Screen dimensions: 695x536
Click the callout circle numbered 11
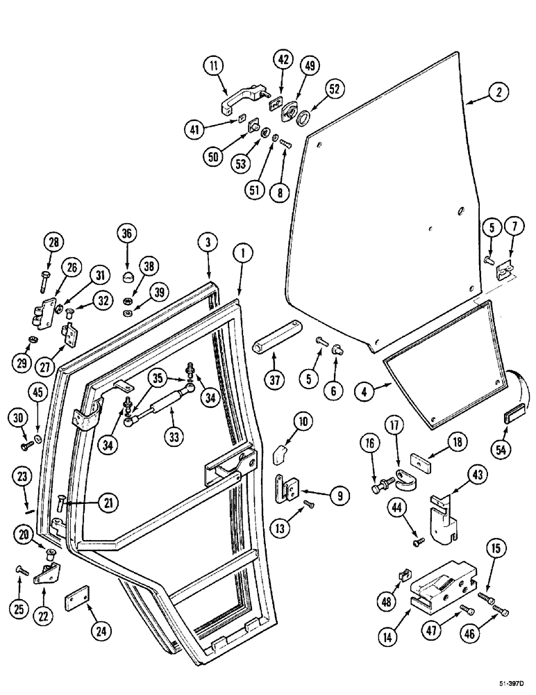[x=213, y=68]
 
